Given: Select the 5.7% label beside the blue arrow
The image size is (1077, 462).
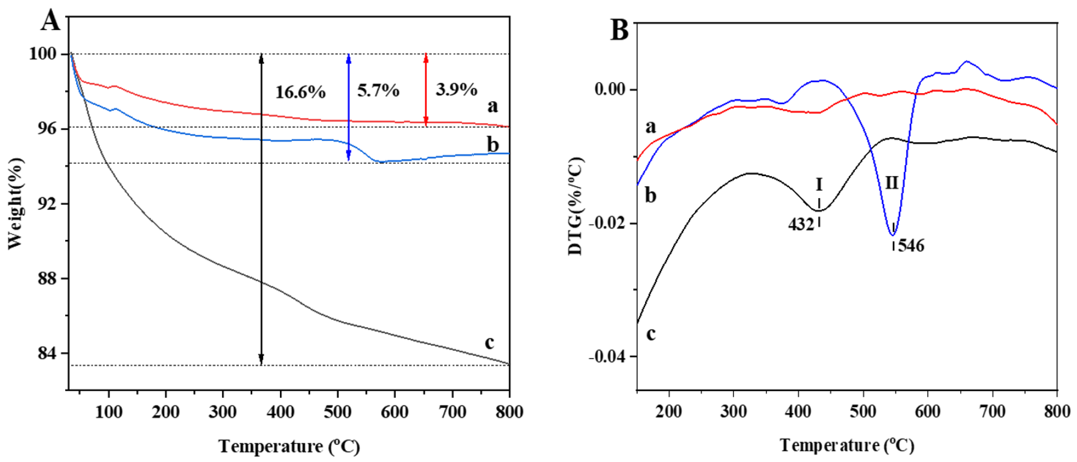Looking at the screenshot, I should tap(378, 90).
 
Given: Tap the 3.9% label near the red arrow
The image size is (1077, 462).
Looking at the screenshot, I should tap(456, 89).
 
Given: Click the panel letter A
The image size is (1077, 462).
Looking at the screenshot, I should tap(51, 21).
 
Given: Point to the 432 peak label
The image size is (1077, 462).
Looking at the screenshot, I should tap(801, 225).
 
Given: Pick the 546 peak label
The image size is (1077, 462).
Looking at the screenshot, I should tap(911, 246).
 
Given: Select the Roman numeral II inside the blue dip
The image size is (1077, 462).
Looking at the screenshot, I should tap(892, 183).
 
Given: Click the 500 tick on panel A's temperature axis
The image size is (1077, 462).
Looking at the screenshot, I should tap(337, 412).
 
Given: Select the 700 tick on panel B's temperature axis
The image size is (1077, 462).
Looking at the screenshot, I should tap(992, 412).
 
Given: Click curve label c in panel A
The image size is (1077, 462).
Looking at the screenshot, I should tap(489, 342).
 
